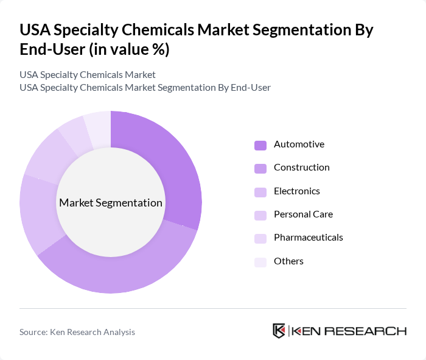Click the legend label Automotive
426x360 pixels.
pyautogui.click(x=299, y=144)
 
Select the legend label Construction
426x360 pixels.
pyautogui.click(x=301, y=168)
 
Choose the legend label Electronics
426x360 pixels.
pyautogui.click(x=296, y=191)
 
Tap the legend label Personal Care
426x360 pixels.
pyautogui.click(x=303, y=214)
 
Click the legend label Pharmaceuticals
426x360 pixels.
pyautogui.click(x=308, y=238)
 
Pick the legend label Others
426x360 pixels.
pyautogui.click(x=288, y=261)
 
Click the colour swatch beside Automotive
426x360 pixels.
pyautogui.click(x=260, y=145)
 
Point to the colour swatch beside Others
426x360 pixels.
pyautogui.click(x=260, y=262)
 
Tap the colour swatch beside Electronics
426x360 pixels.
pyautogui.click(x=260, y=192)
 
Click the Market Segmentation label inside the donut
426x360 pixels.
pyautogui.click(x=110, y=203)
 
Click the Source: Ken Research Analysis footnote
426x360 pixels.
pyautogui.click(x=77, y=332)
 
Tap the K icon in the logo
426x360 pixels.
pyautogui.click(x=279, y=331)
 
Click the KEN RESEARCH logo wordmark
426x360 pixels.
pyautogui.click(x=349, y=331)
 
